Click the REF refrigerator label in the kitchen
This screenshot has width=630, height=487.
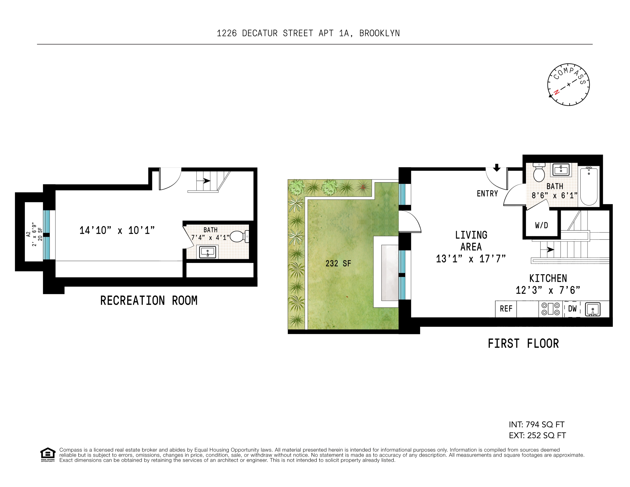pyautogui.click(x=506, y=309)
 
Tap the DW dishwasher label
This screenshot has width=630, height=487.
pyautogui.click(x=572, y=309)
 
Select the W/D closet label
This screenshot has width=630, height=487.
pyautogui.click(x=541, y=225)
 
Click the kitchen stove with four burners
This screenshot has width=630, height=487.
pyautogui.click(x=550, y=309)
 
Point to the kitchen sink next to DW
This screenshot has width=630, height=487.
pyautogui.click(x=593, y=309)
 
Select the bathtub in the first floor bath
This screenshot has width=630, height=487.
pyautogui.click(x=589, y=186)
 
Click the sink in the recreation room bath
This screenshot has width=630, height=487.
pyautogui.click(x=207, y=252)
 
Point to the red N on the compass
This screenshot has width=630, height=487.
pyautogui.click(x=556, y=92)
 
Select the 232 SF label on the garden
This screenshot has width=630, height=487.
pyautogui.click(x=338, y=263)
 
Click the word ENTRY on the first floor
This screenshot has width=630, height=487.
pyautogui.click(x=487, y=194)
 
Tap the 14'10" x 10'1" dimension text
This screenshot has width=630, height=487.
pyautogui.click(x=117, y=230)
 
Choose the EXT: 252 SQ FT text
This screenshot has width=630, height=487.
pyautogui.click(x=537, y=435)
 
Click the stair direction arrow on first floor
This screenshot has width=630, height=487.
pyautogui.click(x=550, y=249)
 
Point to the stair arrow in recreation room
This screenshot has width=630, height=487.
pyautogui.click(x=207, y=181)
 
